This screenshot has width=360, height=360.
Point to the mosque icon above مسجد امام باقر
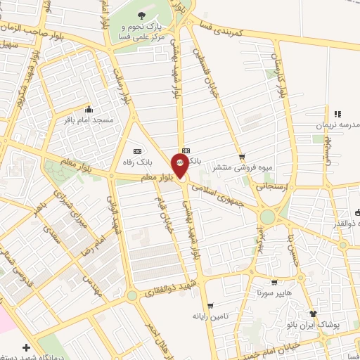pos(89,110)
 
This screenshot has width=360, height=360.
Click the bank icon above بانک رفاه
pos(136,150)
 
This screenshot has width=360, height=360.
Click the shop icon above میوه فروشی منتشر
pos(243,156)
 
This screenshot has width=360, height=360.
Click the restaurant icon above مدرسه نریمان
pos(337,114)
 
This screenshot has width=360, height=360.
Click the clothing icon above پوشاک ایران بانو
pos(313,314)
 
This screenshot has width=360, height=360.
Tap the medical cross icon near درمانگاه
pos(26,347)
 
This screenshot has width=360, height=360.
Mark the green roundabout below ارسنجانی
pos(267,217)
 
